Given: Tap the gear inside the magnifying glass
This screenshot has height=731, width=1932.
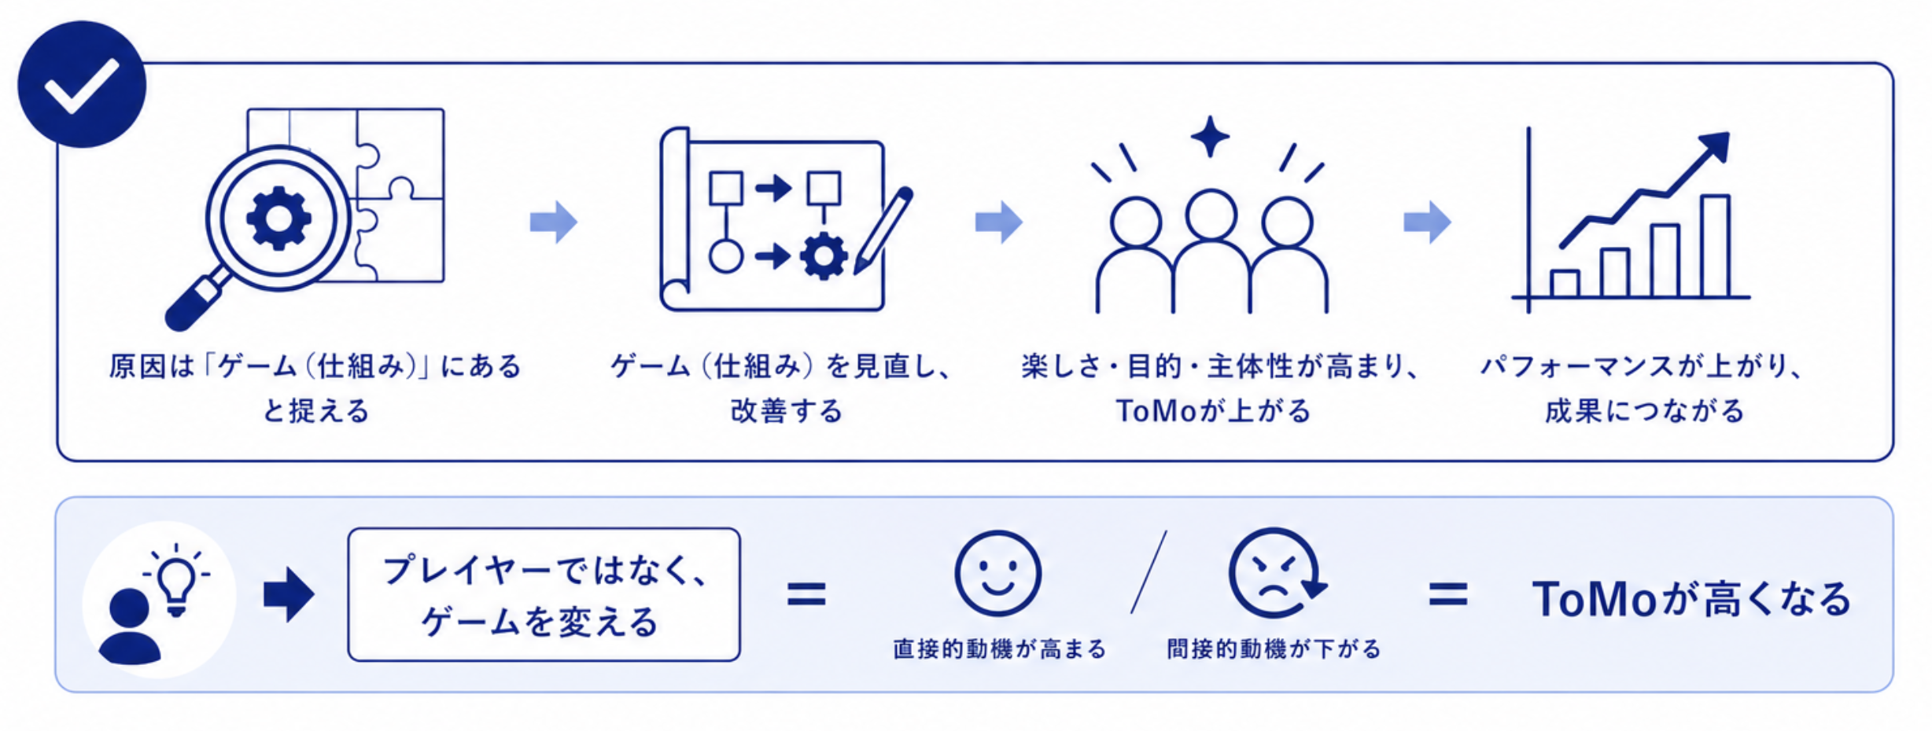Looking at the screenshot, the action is [x=278, y=219].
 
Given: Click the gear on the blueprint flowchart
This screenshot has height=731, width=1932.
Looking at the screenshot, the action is [x=824, y=256].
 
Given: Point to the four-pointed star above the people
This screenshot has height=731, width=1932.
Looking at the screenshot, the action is [x=1210, y=137].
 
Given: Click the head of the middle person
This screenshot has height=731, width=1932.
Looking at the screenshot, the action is [x=1211, y=214].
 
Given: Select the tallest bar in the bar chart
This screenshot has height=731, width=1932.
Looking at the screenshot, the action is [x=1716, y=245].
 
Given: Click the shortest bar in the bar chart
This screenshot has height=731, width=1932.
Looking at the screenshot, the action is [x=1565, y=284].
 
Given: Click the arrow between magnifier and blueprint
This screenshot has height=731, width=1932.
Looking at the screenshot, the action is [x=554, y=222].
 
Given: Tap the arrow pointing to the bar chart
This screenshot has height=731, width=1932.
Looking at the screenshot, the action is [x=1427, y=222].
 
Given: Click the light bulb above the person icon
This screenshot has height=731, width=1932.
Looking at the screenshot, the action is [x=176, y=580].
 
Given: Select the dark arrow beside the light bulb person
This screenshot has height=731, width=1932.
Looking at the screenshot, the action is [x=289, y=594].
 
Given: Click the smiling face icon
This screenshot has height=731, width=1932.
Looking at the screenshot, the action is [x=997, y=573].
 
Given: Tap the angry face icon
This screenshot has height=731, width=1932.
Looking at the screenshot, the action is [x=1275, y=573].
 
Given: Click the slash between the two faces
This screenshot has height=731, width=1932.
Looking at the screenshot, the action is [x=1149, y=571].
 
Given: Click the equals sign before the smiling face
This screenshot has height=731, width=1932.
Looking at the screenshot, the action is [x=806, y=594].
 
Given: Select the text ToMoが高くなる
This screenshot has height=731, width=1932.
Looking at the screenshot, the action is [x=1691, y=599].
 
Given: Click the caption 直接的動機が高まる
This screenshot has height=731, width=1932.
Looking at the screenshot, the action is [x=1000, y=649].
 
